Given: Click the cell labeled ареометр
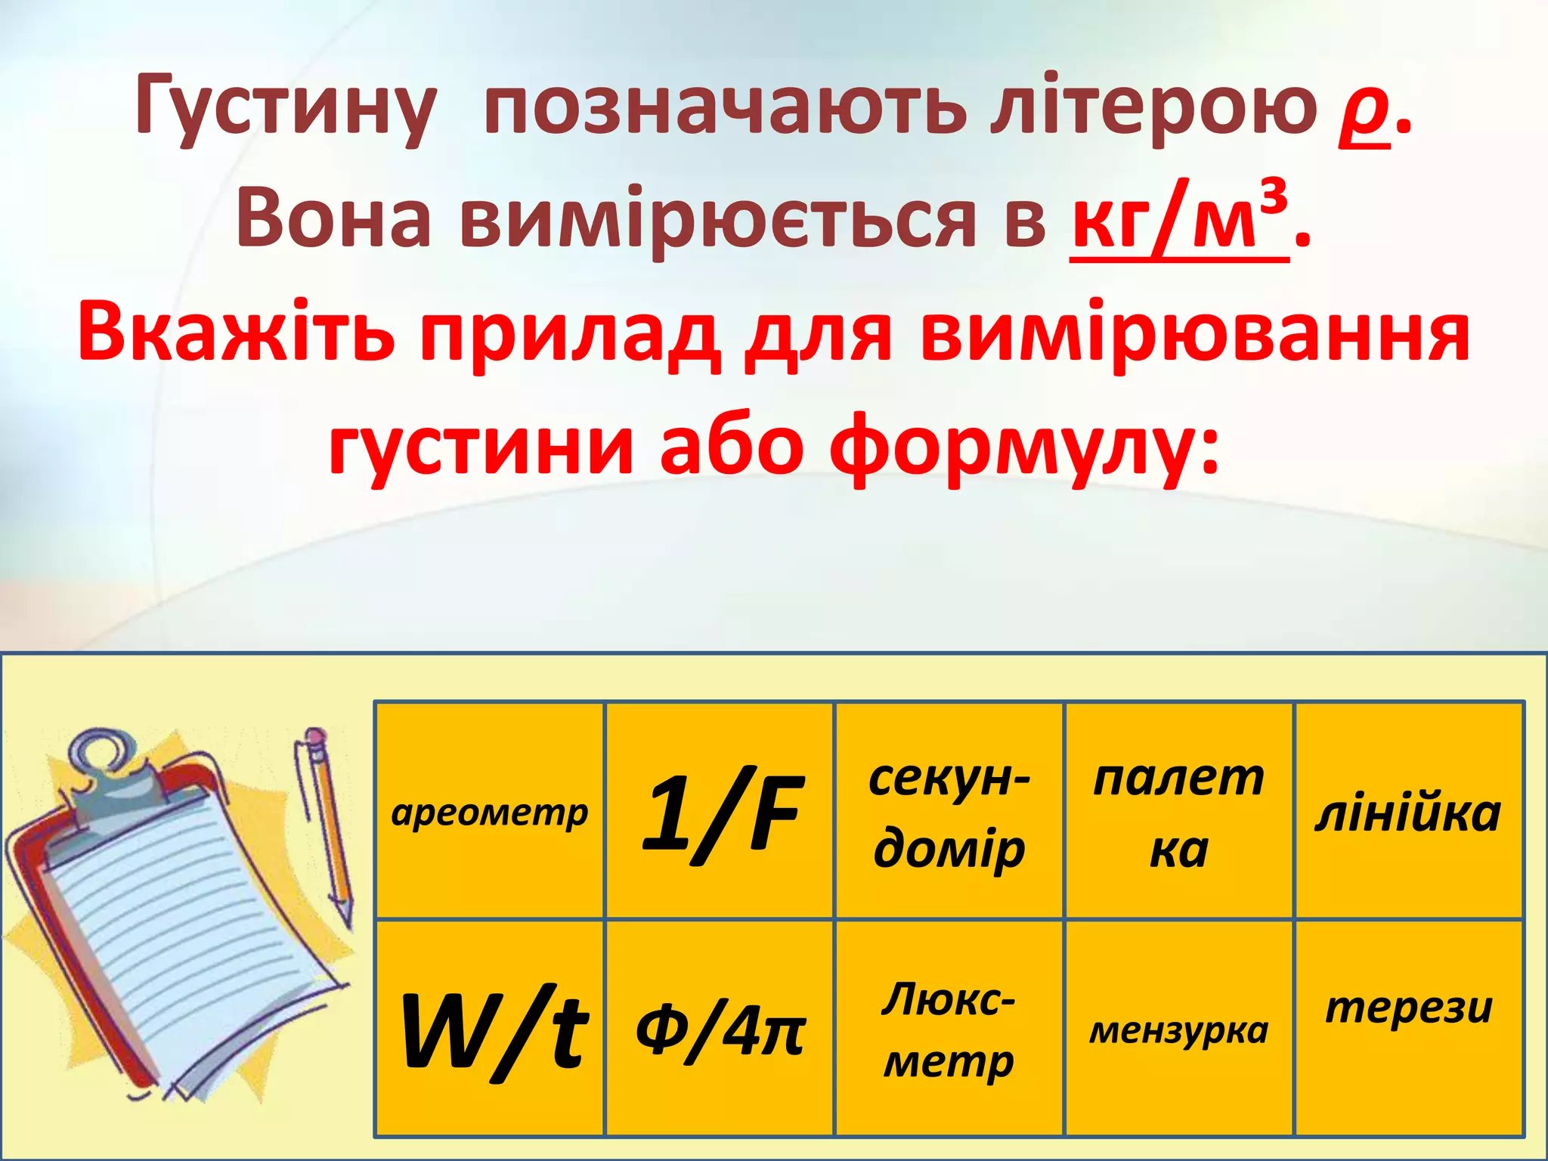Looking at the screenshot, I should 490,812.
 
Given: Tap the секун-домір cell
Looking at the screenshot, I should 949,812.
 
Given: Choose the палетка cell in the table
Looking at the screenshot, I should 1179,812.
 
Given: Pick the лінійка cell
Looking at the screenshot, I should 1408,812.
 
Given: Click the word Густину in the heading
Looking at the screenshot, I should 286,110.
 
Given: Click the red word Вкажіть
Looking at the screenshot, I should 236,333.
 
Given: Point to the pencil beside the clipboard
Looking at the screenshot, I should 330,824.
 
